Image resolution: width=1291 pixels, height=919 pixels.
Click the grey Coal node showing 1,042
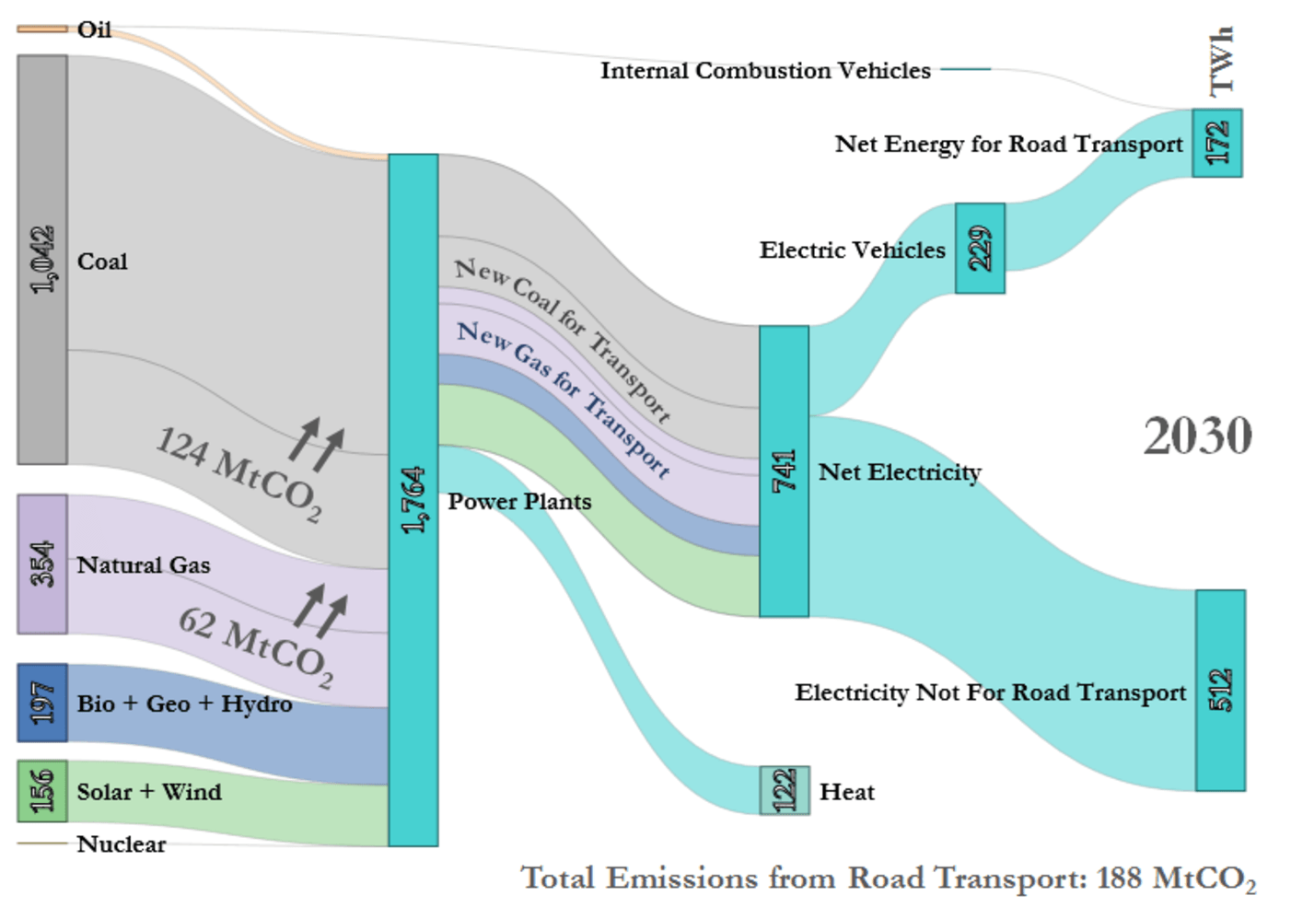pyautogui.click(x=42, y=260)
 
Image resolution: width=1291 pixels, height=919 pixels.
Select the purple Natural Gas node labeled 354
pyautogui.click(x=42, y=564)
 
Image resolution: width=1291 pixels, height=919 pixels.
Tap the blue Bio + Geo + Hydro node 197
pyautogui.click(x=42, y=703)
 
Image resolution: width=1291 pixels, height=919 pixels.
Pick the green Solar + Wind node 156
pyautogui.click(x=42, y=791)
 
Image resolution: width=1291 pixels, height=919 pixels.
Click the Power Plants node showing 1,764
pyautogui.click(x=413, y=499)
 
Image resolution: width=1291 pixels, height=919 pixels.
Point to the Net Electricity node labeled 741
pyautogui.click(x=784, y=471)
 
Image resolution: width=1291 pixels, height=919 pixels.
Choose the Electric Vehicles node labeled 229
pyautogui.click(x=980, y=249)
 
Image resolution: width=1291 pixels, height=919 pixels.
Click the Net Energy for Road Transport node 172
pyautogui.click(x=1216, y=143)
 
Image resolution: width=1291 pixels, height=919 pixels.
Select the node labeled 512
pyautogui.click(x=1220, y=690)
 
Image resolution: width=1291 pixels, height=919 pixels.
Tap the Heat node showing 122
pyautogui.click(x=785, y=790)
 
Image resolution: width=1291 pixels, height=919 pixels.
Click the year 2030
pyautogui.click(x=1197, y=436)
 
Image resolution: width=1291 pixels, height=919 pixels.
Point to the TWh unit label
pyautogui.click(x=1220, y=61)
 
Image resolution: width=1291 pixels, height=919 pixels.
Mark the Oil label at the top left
pyautogui.click(x=94, y=30)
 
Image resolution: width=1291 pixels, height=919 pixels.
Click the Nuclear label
pyautogui.click(x=122, y=844)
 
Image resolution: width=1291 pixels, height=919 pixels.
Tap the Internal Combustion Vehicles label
pyautogui.click(x=765, y=71)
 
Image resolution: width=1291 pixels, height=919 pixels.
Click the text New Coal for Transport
pyautogui.click(x=563, y=338)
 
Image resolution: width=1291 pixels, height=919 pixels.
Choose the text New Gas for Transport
pyautogui.click(x=563, y=398)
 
